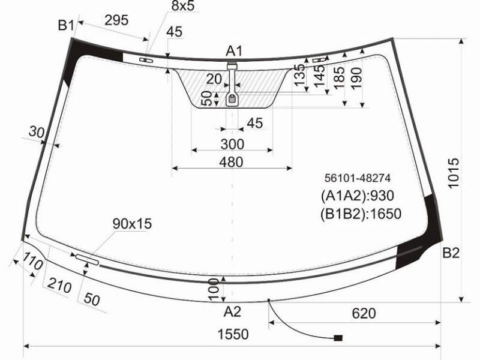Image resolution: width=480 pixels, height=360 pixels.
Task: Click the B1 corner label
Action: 66,25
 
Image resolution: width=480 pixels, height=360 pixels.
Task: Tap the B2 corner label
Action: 451,253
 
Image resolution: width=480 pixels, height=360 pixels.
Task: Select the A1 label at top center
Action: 234,51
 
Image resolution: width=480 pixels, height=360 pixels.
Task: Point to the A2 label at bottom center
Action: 232,311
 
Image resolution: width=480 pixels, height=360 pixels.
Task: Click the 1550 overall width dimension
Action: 233,334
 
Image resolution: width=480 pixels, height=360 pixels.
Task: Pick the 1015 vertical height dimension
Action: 454,173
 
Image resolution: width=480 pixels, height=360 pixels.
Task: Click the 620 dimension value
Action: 364,313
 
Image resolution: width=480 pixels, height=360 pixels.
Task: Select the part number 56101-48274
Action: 358,178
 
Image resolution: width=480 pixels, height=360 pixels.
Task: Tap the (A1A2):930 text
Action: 357,196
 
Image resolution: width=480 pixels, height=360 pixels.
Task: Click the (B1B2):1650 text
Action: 361,214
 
